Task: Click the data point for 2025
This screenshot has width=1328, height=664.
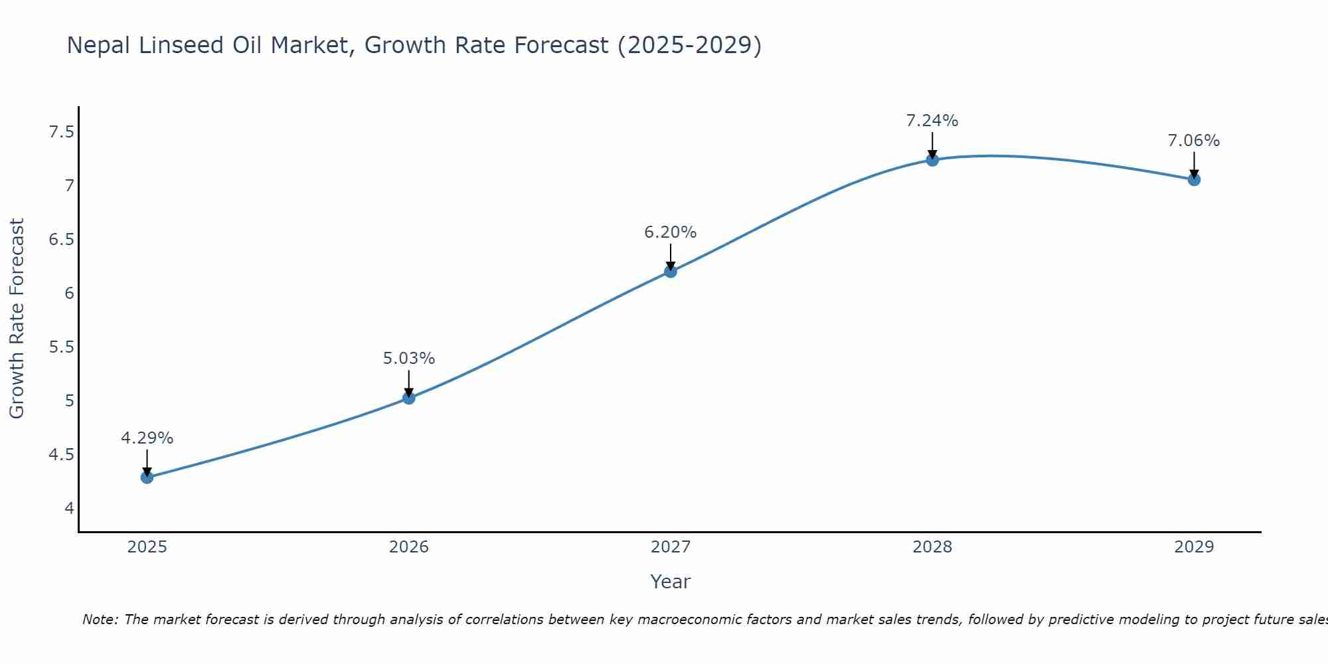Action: [147, 477]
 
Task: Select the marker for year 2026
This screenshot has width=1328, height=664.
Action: [409, 398]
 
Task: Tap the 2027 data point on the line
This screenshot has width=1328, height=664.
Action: [671, 271]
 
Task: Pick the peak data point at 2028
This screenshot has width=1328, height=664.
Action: [932, 159]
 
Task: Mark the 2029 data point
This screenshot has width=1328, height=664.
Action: [1194, 179]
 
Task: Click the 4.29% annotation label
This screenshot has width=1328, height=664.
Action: [147, 438]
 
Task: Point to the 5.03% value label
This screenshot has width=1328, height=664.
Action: [409, 359]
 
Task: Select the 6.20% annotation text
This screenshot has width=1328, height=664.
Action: [671, 232]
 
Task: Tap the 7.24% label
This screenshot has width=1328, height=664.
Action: [932, 121]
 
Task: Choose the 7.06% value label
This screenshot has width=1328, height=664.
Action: [1194, 141]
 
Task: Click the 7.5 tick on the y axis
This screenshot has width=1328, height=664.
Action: [61, 132]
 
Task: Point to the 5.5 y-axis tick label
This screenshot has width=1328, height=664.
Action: [61, 347]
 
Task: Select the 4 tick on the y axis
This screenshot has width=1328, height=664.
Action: [69, 509]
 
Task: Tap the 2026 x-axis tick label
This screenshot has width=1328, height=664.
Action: [409, 547]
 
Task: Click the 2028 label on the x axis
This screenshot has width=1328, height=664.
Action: [932, 547]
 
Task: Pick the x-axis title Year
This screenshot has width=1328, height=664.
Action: [671, 582]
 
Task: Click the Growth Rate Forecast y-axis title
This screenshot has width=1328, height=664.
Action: [17, 318]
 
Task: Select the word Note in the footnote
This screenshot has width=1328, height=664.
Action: [99, 620]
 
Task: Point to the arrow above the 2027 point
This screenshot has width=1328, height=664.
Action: [671, 258]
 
